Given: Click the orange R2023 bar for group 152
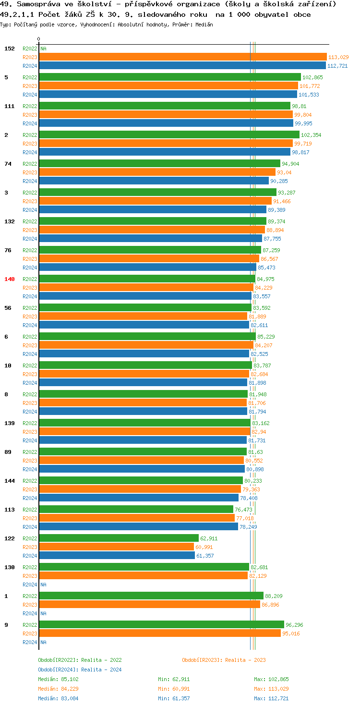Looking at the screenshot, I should pos(182,57).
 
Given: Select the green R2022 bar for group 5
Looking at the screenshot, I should pos(169,77).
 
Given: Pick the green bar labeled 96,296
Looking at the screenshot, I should pos(161,625).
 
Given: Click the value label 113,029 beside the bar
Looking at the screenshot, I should pos(338,57).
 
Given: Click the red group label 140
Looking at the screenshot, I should pos(10,279).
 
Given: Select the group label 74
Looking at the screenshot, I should pos(8,164).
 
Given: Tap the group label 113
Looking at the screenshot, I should pos(10,510).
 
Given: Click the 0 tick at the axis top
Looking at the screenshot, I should pos(39,39).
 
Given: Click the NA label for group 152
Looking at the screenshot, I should pos(43,49).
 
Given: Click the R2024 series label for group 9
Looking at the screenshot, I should pos(30,642).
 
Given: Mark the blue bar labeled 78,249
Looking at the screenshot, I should pos(138,527).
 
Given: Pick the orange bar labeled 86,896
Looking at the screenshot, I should pos(149,605).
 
